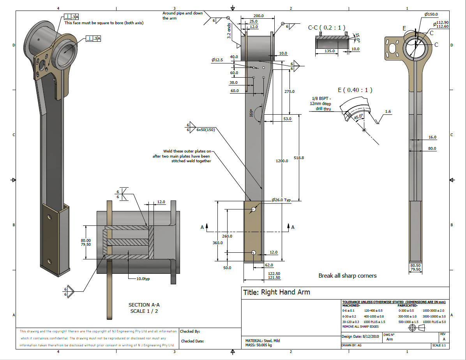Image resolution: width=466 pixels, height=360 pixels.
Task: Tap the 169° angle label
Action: (x=252, y=113)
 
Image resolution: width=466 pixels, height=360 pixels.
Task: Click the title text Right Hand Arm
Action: (x=277, y=292)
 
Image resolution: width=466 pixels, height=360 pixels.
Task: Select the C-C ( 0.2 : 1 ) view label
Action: (x=327, y=28)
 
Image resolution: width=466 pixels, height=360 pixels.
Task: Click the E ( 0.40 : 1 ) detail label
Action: (x=355, y=90)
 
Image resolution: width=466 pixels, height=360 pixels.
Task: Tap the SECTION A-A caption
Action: (x=144, y=308)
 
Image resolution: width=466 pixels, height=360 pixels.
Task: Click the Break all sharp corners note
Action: (x=348, y=276)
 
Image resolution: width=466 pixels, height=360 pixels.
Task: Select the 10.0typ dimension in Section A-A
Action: (x=144, y=279)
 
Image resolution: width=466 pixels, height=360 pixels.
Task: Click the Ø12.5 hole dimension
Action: (x=217, y=60)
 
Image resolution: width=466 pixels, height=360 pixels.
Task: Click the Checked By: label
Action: (x=190, y=332)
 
